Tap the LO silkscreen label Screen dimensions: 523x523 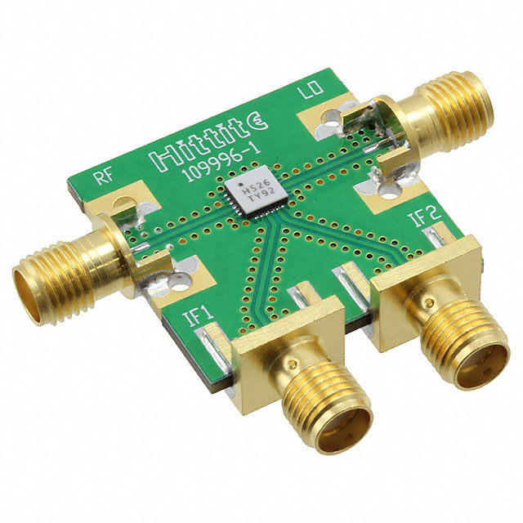pos(312,90)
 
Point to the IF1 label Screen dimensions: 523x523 pos(198,315)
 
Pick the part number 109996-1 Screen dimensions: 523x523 pos(222,164)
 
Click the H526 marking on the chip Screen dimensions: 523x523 pos(259,186)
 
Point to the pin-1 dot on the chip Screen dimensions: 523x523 pos(240,184)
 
